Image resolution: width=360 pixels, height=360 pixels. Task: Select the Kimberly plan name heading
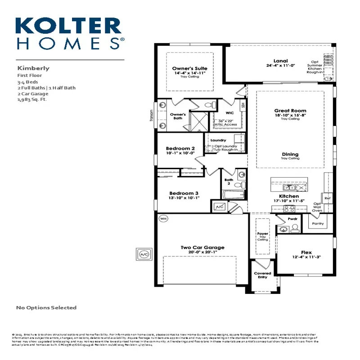click(33, 68)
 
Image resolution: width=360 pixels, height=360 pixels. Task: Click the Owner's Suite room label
click(189, 69)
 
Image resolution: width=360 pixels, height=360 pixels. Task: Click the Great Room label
click(290, 111)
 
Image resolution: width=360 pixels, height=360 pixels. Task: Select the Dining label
click(290, 154)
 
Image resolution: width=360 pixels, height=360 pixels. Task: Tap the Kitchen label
click(288, 196)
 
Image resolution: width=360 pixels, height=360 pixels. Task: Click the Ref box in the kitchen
click(328, 198)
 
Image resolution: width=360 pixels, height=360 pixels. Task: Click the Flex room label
click(306, 252)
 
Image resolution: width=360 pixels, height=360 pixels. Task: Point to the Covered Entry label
click(262, 275)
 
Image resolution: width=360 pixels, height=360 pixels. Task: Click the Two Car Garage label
click(202, 247)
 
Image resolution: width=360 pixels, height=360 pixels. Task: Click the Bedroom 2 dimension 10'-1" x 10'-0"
click(180, 153)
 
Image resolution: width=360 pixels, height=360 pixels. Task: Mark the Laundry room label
click(218, 140)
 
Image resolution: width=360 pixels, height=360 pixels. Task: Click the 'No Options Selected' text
click(46, 308)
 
